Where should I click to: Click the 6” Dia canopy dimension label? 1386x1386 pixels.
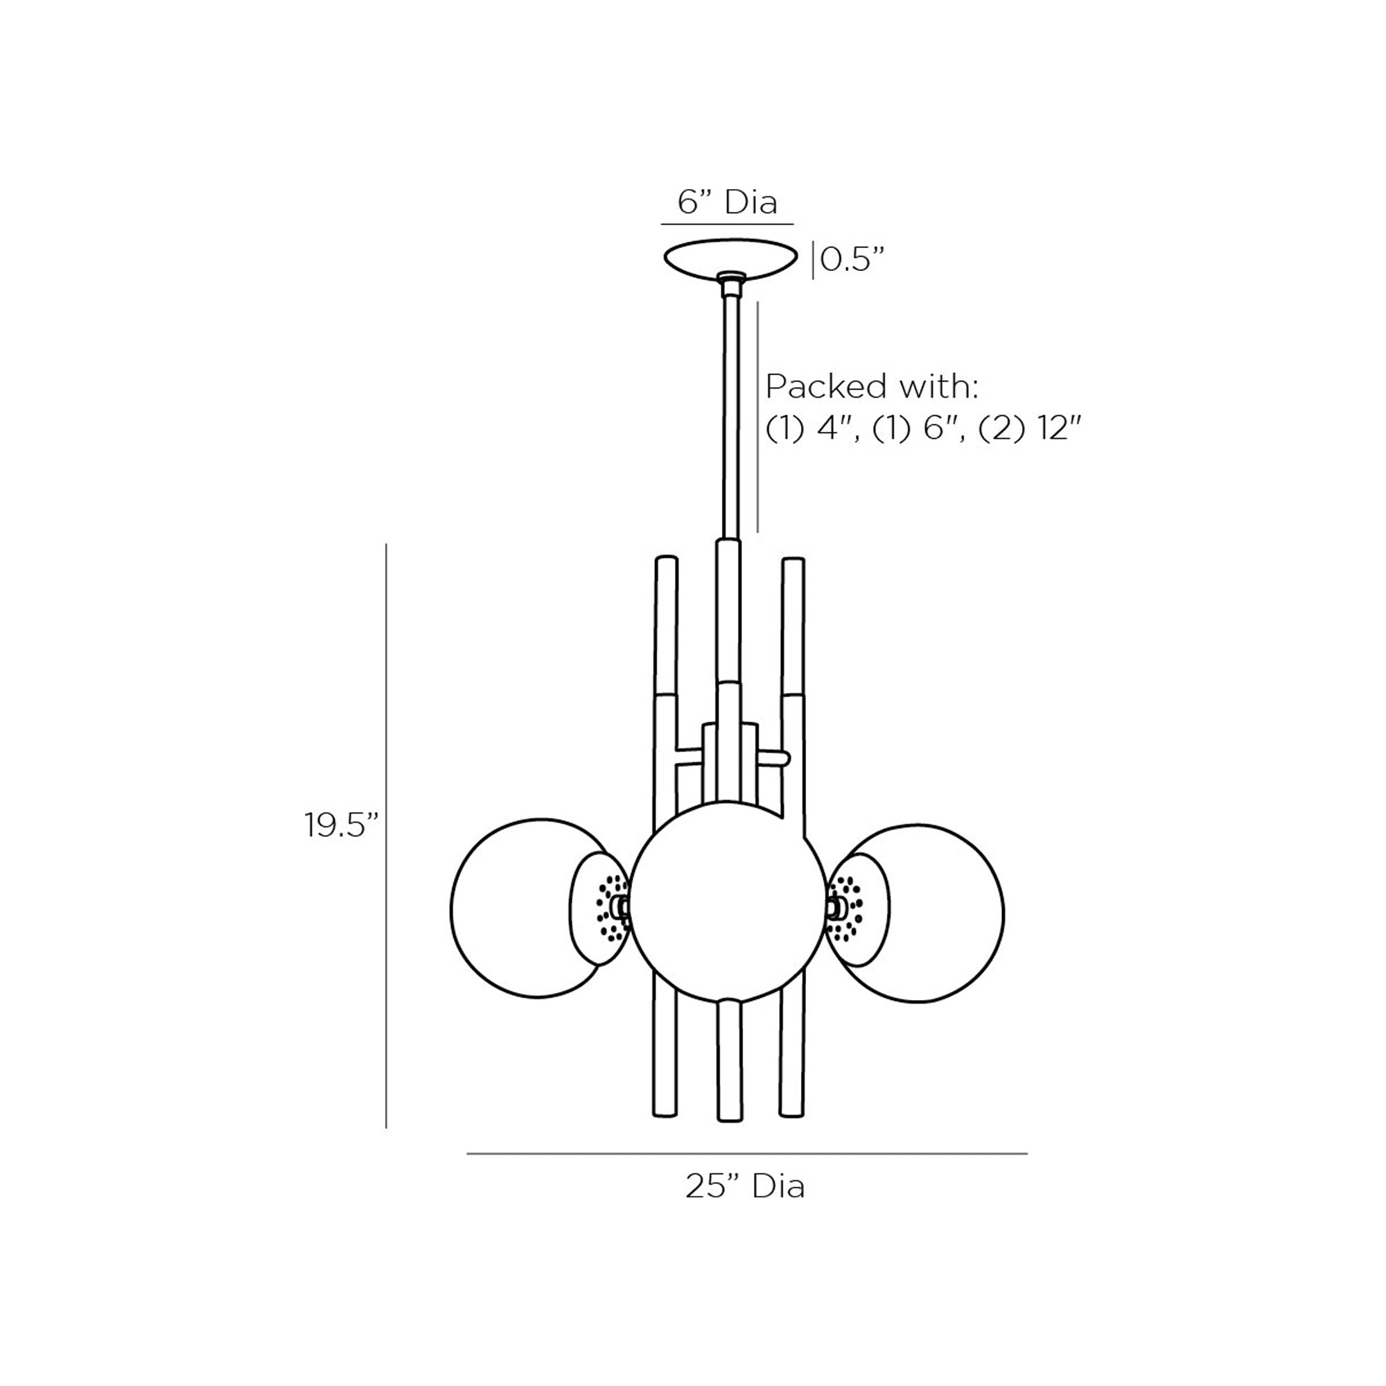[728, 202]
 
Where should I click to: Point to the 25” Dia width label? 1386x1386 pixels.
[746, 1186]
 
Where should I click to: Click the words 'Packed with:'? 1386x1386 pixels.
[872, 387]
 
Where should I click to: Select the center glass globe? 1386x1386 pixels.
[729, 901]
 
